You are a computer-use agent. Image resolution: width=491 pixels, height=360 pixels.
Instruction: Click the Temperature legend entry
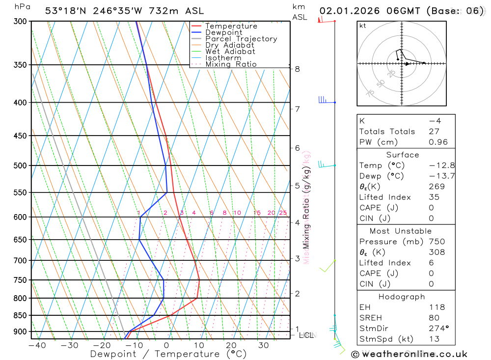tap(231, 26)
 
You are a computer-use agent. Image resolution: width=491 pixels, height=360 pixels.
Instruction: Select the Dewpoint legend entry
tap(224, 32)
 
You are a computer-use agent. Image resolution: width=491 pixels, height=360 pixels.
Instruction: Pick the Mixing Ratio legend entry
tap(231, 64)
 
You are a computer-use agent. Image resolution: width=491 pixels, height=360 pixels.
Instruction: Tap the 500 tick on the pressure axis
tap(20, 166)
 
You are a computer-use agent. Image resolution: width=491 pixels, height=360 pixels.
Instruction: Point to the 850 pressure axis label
tap(20, 315)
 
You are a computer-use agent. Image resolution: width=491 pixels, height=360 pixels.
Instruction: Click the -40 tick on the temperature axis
tap(37, 345)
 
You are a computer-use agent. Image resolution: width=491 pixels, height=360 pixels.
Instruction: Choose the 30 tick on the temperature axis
tap(264, 345)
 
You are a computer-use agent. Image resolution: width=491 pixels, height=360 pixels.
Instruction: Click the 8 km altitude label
tap(298, 69)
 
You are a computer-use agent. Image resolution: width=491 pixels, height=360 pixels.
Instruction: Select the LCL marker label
tap(306, 335)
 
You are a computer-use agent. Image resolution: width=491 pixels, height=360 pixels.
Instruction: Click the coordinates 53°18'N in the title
tap(63, 11)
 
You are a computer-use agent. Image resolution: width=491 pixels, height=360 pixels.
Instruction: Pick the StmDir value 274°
tap(436, 329)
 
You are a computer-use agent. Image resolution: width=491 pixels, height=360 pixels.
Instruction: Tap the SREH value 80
tap(434, 318)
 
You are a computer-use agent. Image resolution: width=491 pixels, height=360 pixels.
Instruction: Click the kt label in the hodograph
tap(363, 26)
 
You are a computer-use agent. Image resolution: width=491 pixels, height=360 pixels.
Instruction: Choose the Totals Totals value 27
tap(434, 132)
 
